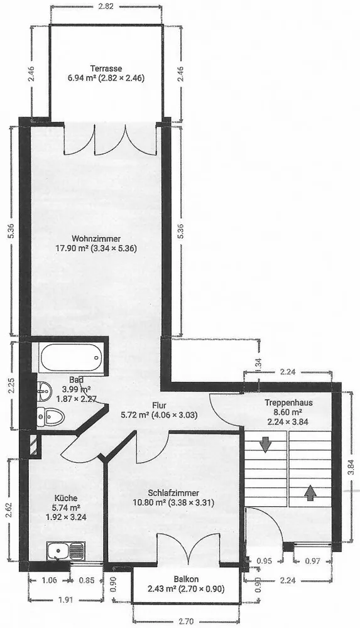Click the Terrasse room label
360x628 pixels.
point(106,68)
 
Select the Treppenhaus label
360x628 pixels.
point(288,403)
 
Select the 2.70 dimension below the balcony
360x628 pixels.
point(187,622)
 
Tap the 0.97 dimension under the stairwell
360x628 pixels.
point(312,561)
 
